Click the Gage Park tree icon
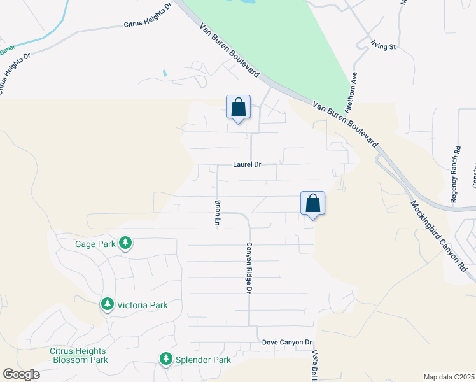tap(126, 243)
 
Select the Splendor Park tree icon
tap(166, 360)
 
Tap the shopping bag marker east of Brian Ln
tap(313, 204)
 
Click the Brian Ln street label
tap(218, 213)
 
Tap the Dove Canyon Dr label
tap(286, 343)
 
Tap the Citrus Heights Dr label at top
tap(147, 17)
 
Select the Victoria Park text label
tap(141, 305)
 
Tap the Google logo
tap(21, 374)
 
